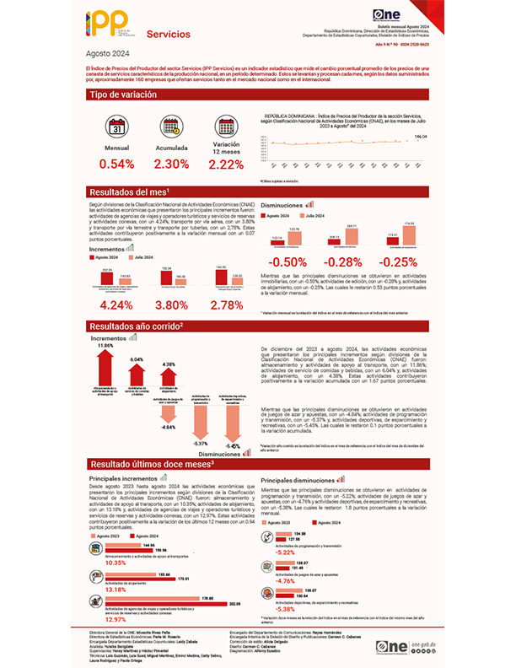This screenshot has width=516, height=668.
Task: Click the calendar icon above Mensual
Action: click(116, 129)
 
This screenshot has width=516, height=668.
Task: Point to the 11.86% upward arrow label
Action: click(105, 347)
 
